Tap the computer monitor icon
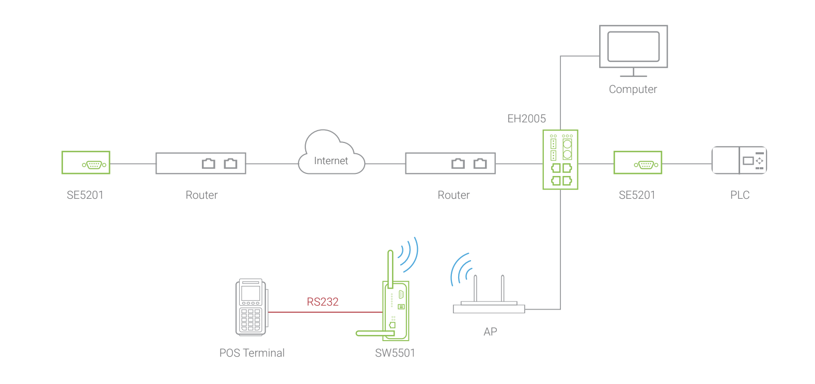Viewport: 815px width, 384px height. coord(633,50)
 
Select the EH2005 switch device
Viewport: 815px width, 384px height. coord(560,159)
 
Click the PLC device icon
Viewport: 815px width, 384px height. coord(739,161)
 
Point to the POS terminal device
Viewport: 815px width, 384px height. coord(252,308)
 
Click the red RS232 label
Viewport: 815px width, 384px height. coord(322,302)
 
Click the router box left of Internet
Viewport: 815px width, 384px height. coord(201,164)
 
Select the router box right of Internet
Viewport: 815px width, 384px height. coord(450,164)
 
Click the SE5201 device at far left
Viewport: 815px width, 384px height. coord(86,163)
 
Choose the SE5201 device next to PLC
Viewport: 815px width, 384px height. coord(638,163)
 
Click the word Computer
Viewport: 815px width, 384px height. coord(633,89)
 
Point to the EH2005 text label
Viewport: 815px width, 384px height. coord(526,119)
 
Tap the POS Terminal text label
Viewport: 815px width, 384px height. coord(252,353)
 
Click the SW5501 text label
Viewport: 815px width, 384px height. coord(395,353)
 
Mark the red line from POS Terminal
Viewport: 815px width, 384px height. coord(325,312)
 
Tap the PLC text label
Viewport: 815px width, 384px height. coord(740,195)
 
